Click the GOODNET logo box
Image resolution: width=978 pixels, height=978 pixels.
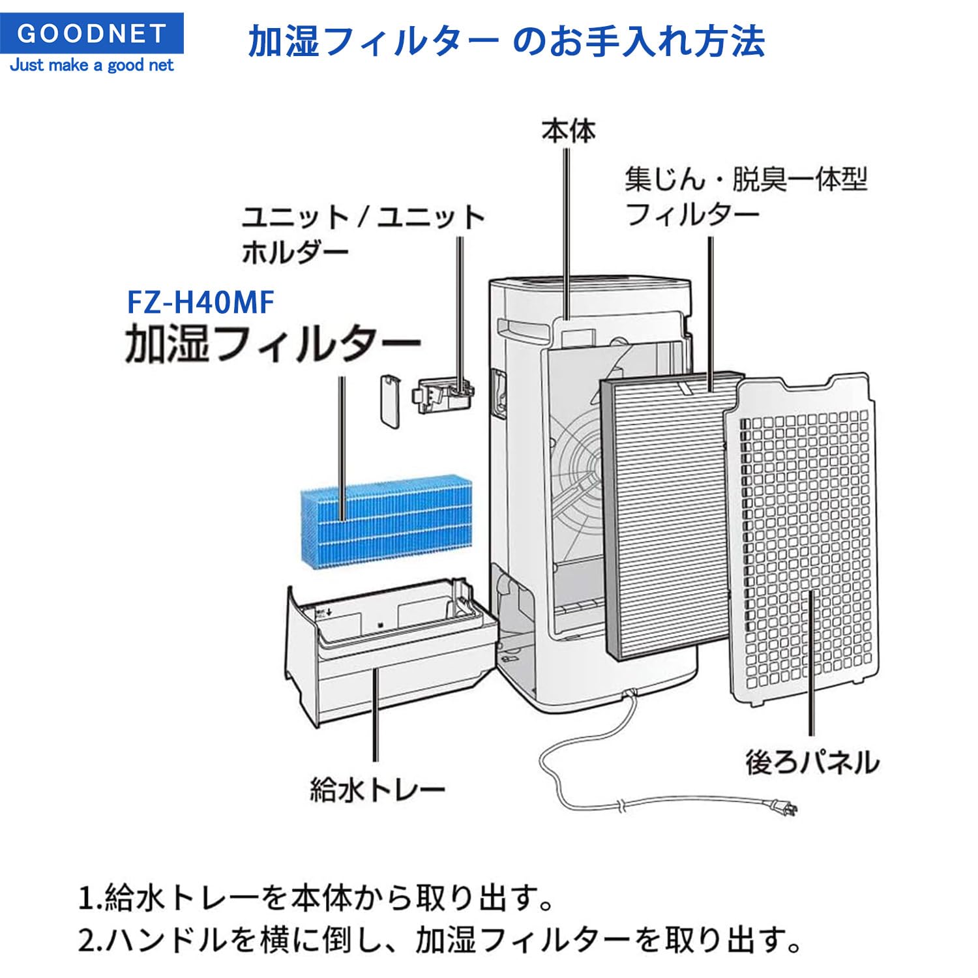pyautogui.click(x=92, y=33)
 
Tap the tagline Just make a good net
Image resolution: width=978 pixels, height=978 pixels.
pyautogui.click(x=92, y=65)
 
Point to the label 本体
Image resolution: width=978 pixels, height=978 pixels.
pyautogui.click(x=569, y=131)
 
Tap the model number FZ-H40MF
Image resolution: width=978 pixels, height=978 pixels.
pyautogui.click(x=200, y=303)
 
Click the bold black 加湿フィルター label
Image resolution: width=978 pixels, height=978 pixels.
pyautogui.click(x=273, y=344)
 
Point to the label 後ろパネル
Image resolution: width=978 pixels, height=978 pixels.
pyautogui.click(x=812, y=762)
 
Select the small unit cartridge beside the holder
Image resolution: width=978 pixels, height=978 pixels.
pyautogui.click(x=390, y=400)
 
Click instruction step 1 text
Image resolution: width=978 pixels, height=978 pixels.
pyautogui.click(x=316, y=898)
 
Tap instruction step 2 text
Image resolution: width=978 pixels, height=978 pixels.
pyautogui.click(x=439, y=941)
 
